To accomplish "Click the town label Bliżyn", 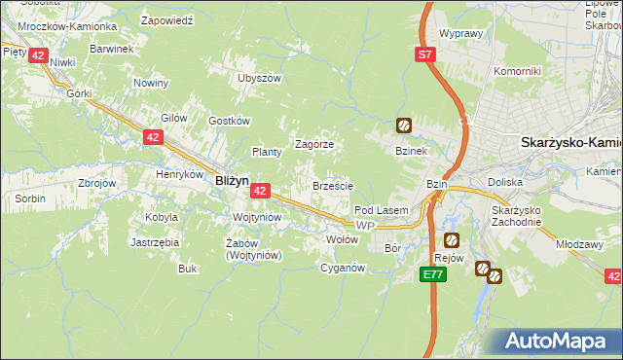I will [232, 180].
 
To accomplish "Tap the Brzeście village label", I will [332, 185].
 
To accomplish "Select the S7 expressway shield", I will [425, 55].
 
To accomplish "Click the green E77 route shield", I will [434, 276].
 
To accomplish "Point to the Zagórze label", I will [314, 144].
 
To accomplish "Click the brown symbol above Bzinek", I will [403, 125].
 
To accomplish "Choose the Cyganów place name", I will [343, 268].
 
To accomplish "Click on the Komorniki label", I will [516, 71].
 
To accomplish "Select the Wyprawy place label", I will [461, 33].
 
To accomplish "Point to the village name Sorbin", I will [29, 198].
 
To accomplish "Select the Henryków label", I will [177, 175].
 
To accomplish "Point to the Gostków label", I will [231, 121].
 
